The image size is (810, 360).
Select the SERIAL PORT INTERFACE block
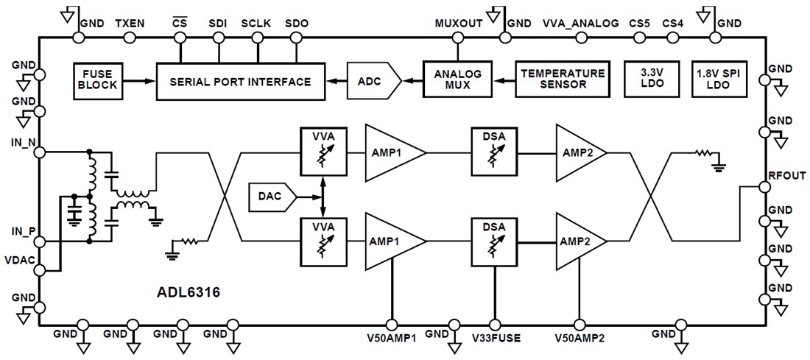tap(240, 81)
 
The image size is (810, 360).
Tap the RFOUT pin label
tap(789, 175)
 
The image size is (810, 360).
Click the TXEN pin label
tap(130, 23)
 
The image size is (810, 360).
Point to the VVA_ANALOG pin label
tap(580, 23)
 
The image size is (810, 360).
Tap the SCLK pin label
tap(256, 23)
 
